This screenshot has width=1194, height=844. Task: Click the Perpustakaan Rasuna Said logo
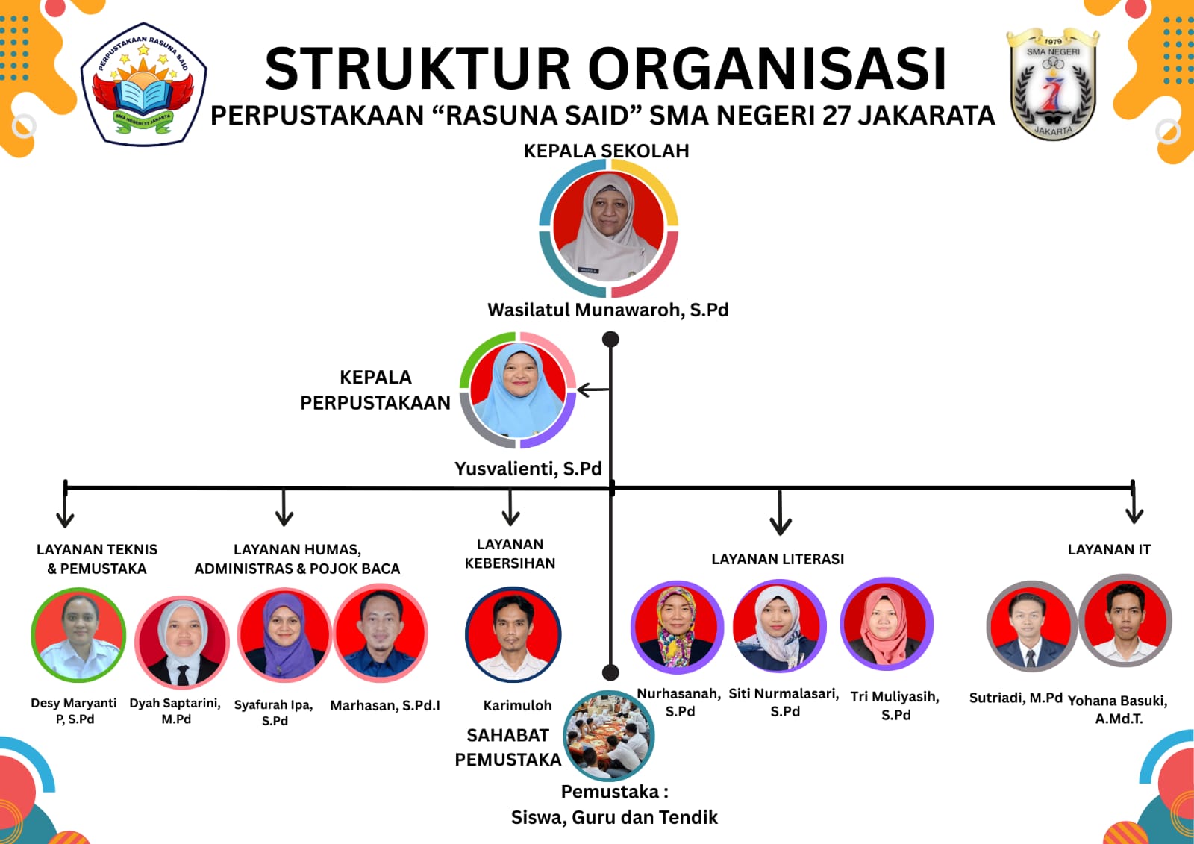pyautogui.click(x=143, y=84)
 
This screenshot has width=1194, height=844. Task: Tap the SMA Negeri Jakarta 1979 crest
pyautogui.click(x=1052, y=84)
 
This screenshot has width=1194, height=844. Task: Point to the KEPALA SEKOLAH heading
pyautogui.click(x=606, y=151)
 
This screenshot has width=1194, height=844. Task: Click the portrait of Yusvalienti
pyautogui.click(x=518, y=390)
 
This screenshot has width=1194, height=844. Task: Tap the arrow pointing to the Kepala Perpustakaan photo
pyautogui.click(x=593, y=390)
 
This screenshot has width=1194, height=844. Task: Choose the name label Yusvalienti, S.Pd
pyautogui.click(x=528, y=469)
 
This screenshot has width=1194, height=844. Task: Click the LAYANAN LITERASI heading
pyautogui.click(x=778, y=559)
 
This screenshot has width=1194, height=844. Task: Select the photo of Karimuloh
pyautogui.click(x=513, y=634)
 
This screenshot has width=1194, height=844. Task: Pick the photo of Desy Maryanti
pyautogui.click(x=78, y=635)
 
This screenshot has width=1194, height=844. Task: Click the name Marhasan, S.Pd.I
pyautogui.click(x=385, y=705)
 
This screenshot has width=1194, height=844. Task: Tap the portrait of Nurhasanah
pyautogui.click(x=677, y=627)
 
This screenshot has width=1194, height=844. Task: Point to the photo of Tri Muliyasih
pyautogui.click(x=887, y=624)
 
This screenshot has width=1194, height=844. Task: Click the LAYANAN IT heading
pyautogui.click(x=1109, y=550)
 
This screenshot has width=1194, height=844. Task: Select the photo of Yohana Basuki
pyautogui.click(x=1125, y=620)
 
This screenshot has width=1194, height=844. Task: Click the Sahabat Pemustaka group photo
pyautogui.click(x=608, y=736)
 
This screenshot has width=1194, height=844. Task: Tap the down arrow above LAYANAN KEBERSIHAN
pyautogui.click(x=510, y=509)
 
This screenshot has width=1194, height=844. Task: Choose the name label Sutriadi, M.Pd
pyautogui.click(x=1016, y=698)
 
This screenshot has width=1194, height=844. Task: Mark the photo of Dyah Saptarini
pyautogui.click(x=182, y=643)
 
